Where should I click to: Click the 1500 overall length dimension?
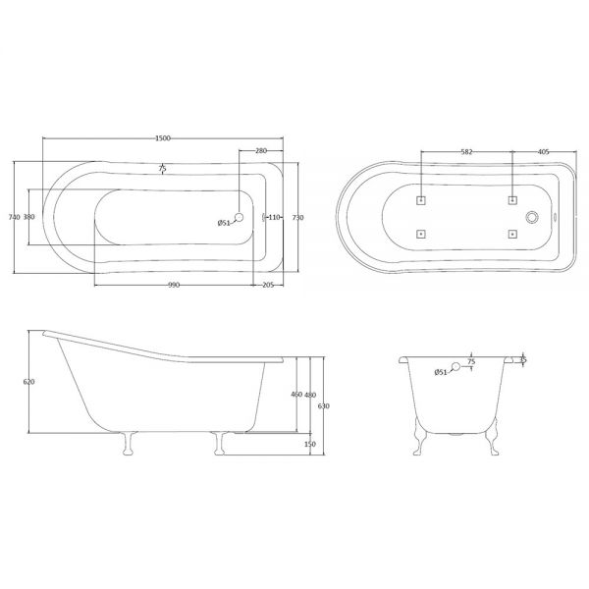pyautogui.click(x=163, y=138)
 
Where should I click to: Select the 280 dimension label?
pyautogui.click(x=261, y=150)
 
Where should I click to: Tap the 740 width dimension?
pyautogui.click(x=14, y=217)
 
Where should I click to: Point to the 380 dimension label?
pyautogui.click(x=28, y=217)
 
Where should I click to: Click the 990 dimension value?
pyautogui.click(x=174, y=285)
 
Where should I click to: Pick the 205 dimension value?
pyautogui.click(x=268, y=285)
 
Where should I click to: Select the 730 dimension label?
pyautogui.click(x=297, y=218)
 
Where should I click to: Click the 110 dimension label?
pyautogui.click(x=275, y=217)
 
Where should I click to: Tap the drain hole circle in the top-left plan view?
pyautogui.click(x=239, y=217)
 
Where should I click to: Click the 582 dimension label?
pyautogui.click(x=466, y=152)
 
